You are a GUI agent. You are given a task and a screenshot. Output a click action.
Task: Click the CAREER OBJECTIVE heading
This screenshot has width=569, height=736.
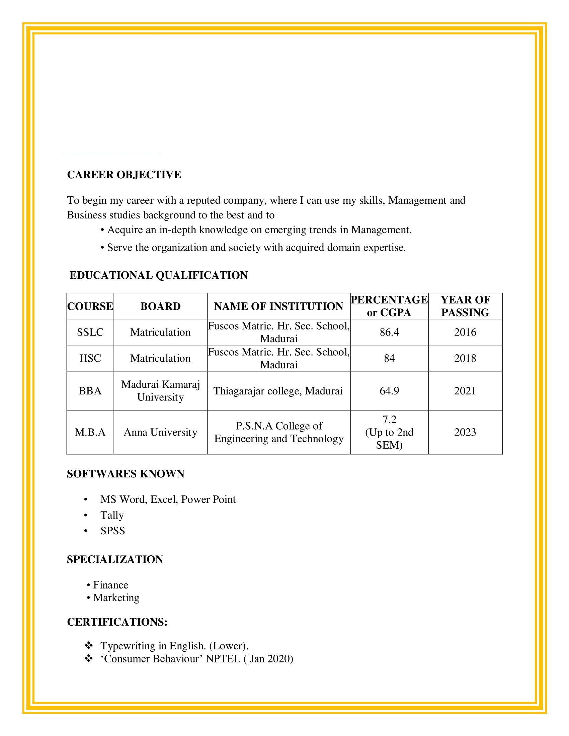coord(124,175)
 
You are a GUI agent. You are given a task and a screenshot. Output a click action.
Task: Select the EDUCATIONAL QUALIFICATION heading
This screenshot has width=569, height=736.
coord(158,275)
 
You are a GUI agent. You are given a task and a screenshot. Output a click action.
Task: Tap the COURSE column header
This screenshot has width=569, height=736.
coord(90,306)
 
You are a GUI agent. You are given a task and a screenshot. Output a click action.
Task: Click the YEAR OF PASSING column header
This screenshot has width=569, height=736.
coord(465,306)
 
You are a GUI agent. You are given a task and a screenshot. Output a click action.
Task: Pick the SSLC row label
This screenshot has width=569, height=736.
coord(90,332)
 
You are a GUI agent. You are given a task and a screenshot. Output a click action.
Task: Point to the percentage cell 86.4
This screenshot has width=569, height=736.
coord(389,332)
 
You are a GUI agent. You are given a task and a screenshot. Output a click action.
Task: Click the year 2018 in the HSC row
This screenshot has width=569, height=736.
coord(465,358)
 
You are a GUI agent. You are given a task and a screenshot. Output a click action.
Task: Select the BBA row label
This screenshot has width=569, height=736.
coord(90,391)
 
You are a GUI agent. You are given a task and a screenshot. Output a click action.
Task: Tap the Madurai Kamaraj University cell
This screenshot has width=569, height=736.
coord(160,391)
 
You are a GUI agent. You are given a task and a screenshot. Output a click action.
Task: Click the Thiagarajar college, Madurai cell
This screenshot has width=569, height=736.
coord(278,391)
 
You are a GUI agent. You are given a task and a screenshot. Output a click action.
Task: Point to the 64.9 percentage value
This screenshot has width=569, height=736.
coord(389,391)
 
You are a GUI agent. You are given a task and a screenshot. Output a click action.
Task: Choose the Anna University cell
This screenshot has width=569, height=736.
coord(160,432)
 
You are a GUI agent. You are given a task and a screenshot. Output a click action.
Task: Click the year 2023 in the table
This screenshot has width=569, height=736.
coord(465,432)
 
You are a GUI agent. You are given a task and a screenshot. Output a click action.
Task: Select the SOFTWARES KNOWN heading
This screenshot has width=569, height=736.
coord(126,474)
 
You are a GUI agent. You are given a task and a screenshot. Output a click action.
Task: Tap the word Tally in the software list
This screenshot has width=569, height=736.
coord(112,515)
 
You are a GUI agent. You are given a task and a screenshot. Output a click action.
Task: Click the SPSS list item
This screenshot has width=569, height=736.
coord(112,531)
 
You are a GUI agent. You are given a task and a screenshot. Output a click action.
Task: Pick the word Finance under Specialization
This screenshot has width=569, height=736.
coord(110,585)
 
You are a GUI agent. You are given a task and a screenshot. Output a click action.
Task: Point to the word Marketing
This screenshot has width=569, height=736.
coord(116,597)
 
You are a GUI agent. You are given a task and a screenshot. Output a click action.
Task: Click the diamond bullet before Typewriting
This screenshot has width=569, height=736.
coord(89,645)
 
